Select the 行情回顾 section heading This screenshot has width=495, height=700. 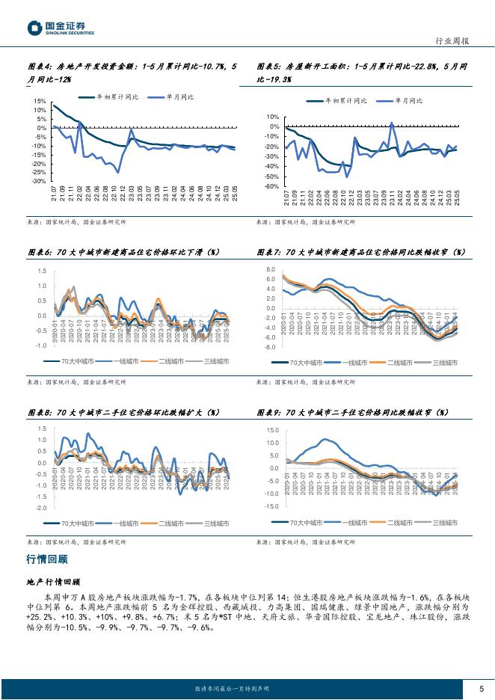click(x=46, y=558)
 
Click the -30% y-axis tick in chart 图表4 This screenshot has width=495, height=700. click(x=38, y=181)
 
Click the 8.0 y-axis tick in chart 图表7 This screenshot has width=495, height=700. click(x=271, y=269)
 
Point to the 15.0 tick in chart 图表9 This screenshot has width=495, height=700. click(x=271, y=430)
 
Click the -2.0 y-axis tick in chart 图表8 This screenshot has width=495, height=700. click(x=40, y=507)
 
